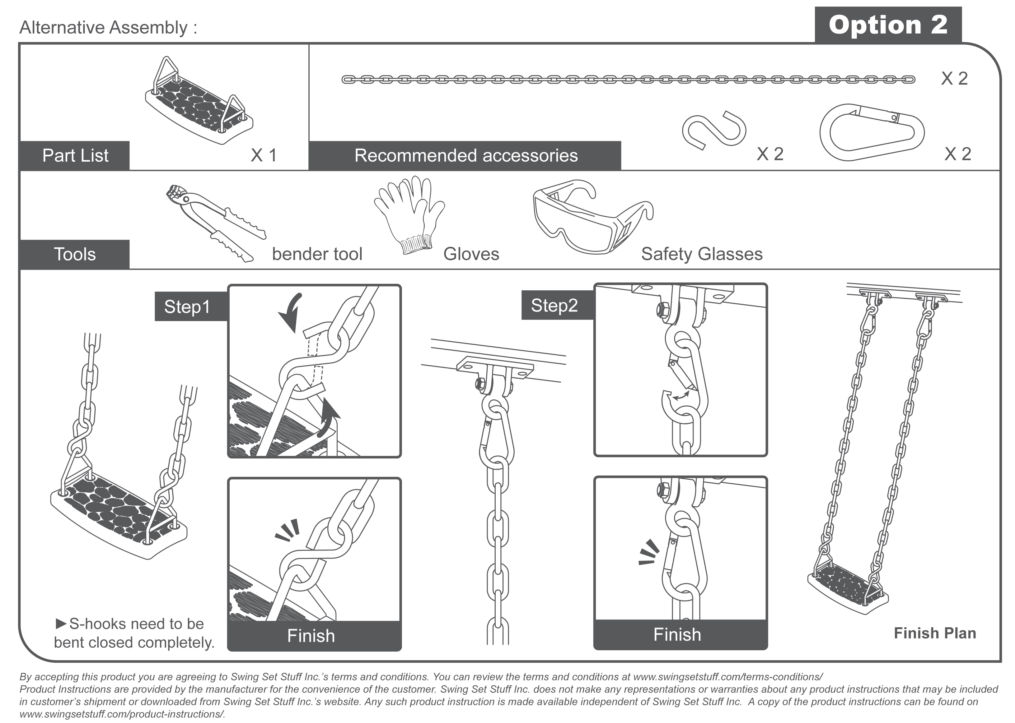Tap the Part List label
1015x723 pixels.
pyautogui.click(x=75, y=155)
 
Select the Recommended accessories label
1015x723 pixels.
pyautogui.click(x=465, y=155)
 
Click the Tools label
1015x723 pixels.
pyautogui.click(x=75, y=254)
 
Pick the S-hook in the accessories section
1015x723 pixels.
pyautogui.click(x=714, y=131)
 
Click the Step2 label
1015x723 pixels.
pyautogui.click(x=554, y=306)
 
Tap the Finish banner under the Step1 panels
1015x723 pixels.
pyautogui.click(x=311, y=636)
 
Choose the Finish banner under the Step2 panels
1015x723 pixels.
pyautogui.click(x=677, y=634)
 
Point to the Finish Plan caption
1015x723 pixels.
pyautogui.click(x=935, y=633)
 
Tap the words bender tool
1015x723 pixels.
pyautogui.click(x=317, y=254)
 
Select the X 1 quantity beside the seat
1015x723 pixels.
pyautogui.click(x=264, y=155)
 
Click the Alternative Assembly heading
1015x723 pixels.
pyautogui.click(x=108, y=28)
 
